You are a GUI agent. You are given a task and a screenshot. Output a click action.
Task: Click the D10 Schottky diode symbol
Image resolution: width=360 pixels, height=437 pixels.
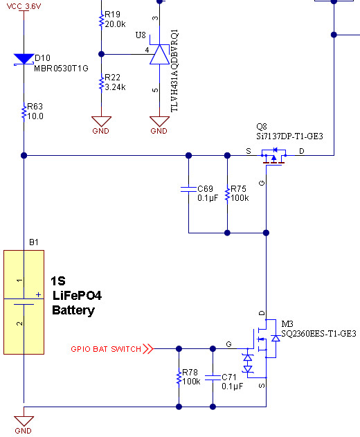(24, 60)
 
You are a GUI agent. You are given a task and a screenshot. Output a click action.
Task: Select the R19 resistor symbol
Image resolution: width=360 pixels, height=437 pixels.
(102, 19)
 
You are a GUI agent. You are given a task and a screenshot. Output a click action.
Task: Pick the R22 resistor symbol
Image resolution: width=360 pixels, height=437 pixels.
(102, 82)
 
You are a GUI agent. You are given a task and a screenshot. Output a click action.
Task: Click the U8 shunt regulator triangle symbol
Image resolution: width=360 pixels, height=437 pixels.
(160, 54)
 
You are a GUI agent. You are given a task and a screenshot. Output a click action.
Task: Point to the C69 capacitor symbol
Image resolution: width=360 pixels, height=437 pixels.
(188, 189)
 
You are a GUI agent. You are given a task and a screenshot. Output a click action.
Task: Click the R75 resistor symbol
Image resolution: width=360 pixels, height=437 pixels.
(227, 194)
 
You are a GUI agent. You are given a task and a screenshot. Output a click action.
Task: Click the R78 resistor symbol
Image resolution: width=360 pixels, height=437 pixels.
(179, 377)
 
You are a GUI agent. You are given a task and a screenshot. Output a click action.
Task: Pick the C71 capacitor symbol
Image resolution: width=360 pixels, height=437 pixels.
(213, 377)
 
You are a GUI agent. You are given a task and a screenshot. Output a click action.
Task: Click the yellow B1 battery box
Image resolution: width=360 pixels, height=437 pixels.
(24, 303)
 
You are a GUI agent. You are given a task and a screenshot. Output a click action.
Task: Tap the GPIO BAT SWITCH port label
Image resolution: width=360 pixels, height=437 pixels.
(111, 349)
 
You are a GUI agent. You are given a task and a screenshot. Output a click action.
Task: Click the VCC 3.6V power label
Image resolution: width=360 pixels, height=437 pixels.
(24, 6)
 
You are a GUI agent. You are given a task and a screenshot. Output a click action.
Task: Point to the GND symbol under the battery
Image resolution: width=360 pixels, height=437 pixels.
(24, 425)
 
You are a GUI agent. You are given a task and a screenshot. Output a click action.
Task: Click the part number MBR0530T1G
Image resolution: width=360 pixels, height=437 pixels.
(61, 69)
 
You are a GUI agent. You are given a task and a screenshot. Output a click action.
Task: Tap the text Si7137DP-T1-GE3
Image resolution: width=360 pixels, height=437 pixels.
(289, 136)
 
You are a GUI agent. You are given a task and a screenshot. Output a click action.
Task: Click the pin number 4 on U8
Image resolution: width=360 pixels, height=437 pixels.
(147, 50)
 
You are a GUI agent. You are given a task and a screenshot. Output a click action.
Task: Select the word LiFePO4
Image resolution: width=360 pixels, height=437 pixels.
(77, 296)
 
